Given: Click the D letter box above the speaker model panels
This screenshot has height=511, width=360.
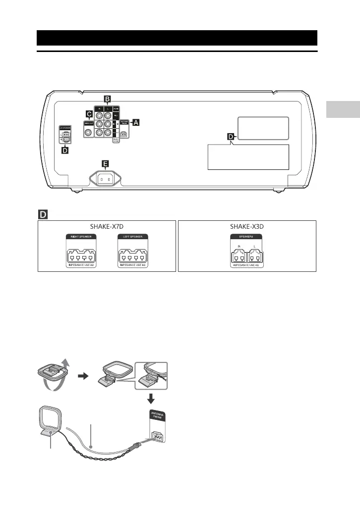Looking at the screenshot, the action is [43, 214].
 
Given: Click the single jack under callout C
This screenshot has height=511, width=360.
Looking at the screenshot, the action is [88, 132].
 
